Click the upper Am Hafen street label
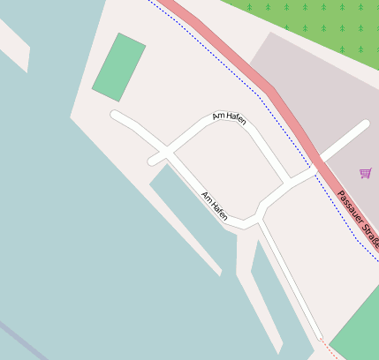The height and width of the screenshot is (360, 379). click(x=230, y=118)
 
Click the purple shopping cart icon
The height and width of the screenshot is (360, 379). click(x=366, y=173)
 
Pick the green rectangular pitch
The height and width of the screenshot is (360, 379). click(x=118, y=67)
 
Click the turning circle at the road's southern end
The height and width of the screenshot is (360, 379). click(x=319, y=337)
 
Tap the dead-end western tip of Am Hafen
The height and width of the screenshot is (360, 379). click(x=114, y=115)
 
